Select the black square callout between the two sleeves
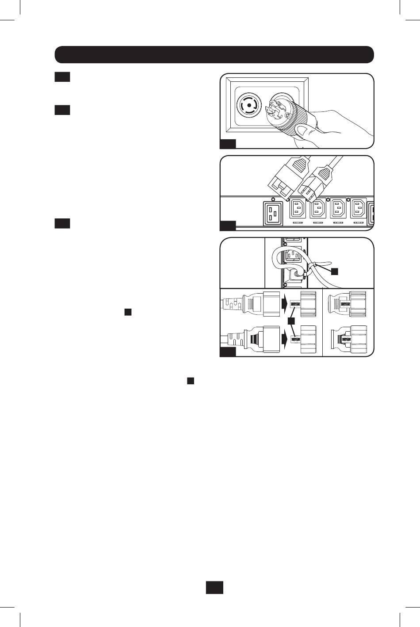tap(291, 320)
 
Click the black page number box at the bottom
tap(214, 587)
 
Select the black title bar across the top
tap(214, 54)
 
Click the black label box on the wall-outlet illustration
tap(228, 143)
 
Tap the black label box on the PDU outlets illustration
tap(228, 226)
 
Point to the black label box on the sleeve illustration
tap(228, 352)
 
